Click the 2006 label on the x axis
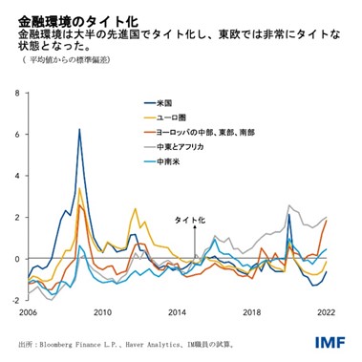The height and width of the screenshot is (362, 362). [x=28, y=311]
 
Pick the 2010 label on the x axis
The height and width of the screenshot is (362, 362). [x=102, y=311]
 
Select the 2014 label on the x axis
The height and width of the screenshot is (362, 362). [x=178, y=311]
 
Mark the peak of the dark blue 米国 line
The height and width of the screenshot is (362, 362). [x=79, y=129]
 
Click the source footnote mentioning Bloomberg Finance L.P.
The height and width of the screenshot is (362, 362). [x=124, y=342]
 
